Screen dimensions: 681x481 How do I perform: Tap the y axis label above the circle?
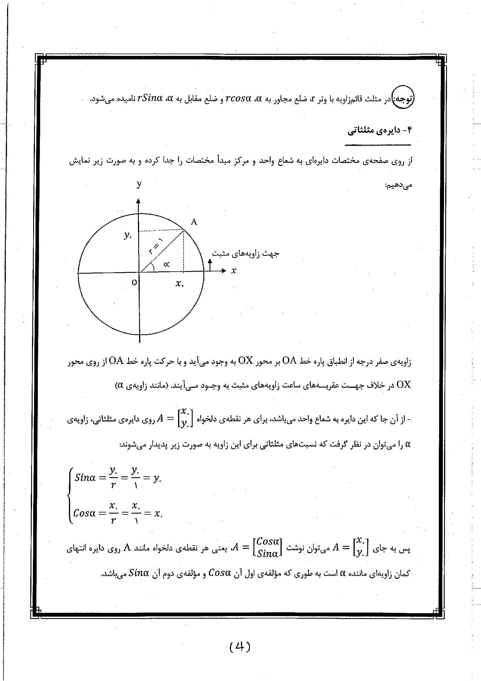[139, 184]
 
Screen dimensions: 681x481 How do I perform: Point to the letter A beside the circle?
[194, 222]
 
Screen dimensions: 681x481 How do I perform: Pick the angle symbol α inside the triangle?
[166, 264]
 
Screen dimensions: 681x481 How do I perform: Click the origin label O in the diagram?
[134, 282]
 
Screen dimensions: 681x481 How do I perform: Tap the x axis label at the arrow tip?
[234, 270]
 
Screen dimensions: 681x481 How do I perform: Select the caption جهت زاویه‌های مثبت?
[245, 254]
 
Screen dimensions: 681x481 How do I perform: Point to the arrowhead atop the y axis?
[138, 202]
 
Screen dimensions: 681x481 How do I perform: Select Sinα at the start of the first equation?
[85, 477]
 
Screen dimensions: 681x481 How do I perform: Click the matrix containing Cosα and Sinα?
[267, 547]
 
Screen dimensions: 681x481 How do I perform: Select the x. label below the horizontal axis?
[179, 284]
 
